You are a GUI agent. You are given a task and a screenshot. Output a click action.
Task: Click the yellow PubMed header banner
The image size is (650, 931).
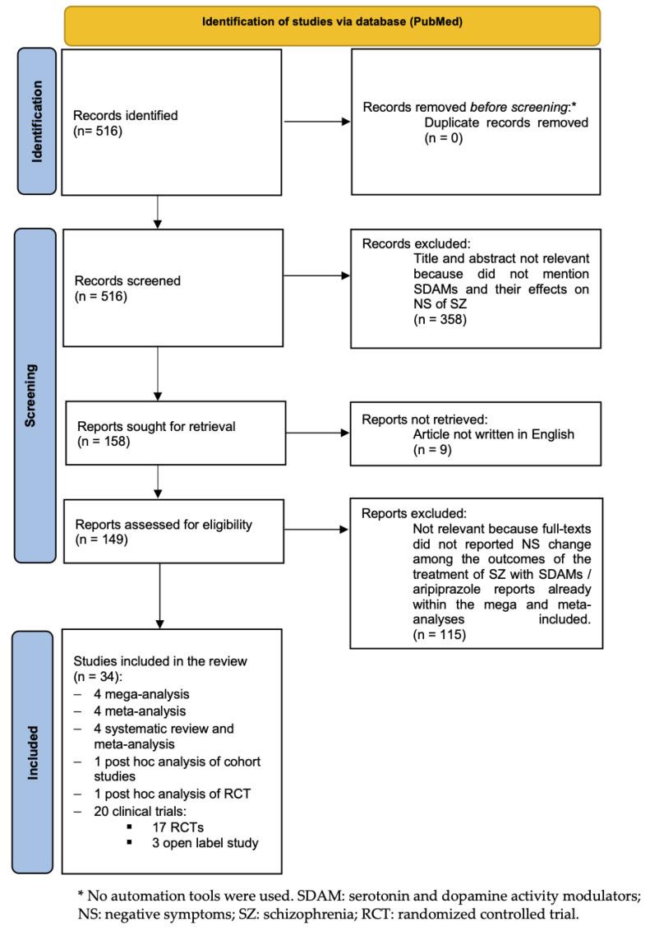(x=333, y=25)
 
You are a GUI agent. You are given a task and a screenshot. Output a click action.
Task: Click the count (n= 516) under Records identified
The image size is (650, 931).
(x=98, y=130)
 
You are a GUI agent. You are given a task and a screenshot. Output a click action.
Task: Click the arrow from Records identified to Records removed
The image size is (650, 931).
(x=316, y=124)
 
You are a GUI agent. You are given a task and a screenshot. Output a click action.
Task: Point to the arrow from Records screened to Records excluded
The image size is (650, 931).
(x=316, y=275)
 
